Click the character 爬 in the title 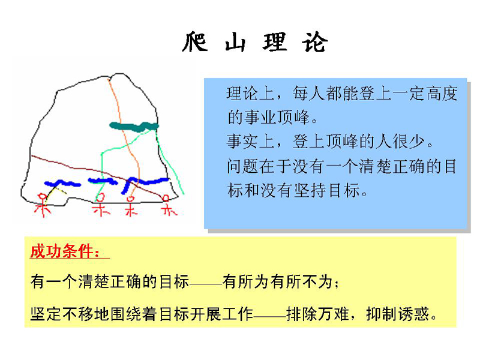tap(195, 42)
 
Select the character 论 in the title tap(316, 42)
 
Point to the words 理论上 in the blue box tap(250, 94)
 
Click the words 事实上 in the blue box tap(250, 142)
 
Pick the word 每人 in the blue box tap(308, 94)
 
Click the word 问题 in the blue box tap(243, 166)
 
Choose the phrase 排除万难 tap(318, 314)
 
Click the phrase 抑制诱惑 tap(397, 314)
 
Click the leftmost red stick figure tap(43, 205)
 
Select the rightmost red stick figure tap(169, 205)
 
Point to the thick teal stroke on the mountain tap(134, 126)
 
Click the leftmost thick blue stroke tap(62, 184)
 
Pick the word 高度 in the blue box tap(442, 94)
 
